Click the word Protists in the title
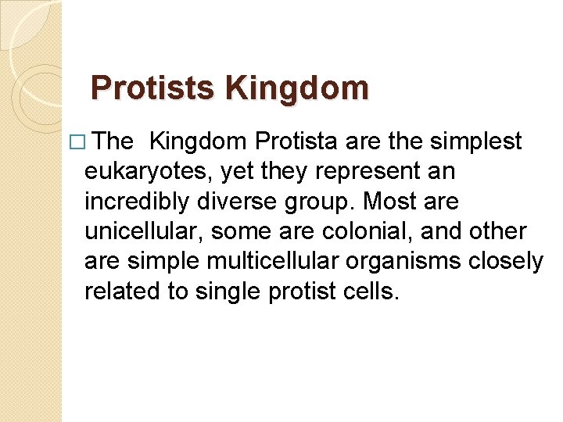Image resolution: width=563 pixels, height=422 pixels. click(155, 88)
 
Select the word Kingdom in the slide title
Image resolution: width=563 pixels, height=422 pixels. click(298, 88)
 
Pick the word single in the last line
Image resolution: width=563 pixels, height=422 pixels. click(223, 291)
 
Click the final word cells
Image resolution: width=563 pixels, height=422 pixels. click(372, 291)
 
